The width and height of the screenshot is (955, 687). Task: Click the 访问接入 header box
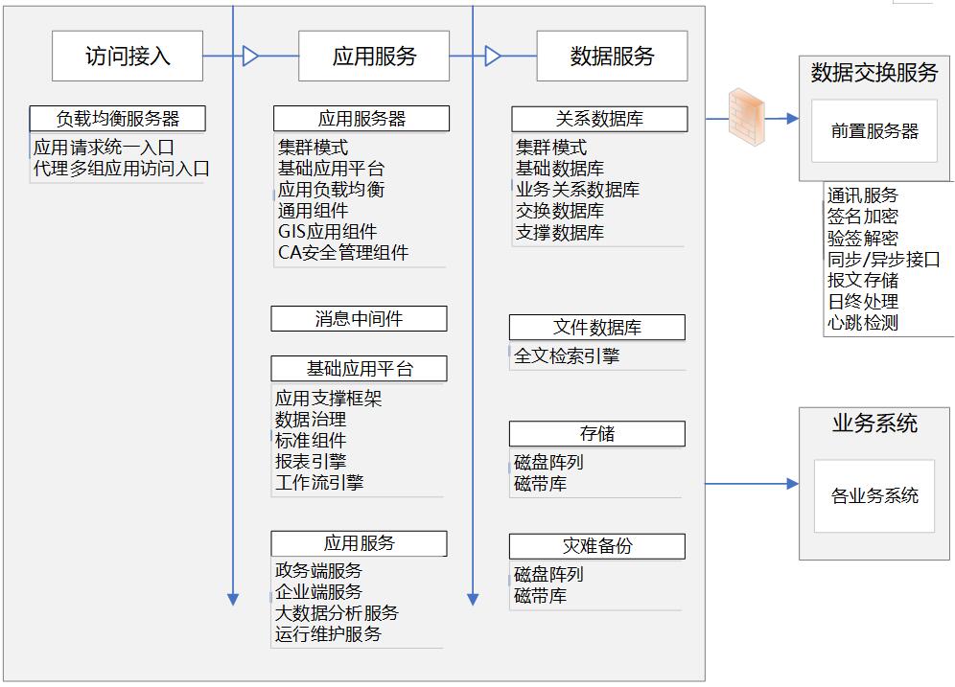pos(128,56)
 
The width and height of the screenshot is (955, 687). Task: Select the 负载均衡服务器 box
pos(118,119)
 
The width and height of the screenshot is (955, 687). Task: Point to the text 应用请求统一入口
pos(104,148)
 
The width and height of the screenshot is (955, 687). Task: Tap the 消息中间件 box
pos(359,319)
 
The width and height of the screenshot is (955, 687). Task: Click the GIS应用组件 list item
pos(327,232)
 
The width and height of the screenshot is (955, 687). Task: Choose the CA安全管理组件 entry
pos(342,253)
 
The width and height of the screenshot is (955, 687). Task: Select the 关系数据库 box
pos(599,119)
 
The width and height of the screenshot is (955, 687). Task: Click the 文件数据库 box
pos(596,328)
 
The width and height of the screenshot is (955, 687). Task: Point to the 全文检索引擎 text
pos(567,356)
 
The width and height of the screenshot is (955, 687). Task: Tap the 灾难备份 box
pos(596,546)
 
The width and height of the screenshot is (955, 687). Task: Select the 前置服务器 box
pos(874,132)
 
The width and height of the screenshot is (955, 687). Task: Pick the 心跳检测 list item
pos(863,323)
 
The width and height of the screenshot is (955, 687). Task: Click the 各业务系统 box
pos(874,496)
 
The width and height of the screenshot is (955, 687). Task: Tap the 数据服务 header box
pos(612,56)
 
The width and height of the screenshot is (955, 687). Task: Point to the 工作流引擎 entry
pos(319,483)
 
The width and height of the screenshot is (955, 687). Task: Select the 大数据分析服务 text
pos(336,613)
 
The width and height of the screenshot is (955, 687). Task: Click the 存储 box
pos(596,434)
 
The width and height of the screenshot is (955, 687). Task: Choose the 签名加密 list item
pos(863,217)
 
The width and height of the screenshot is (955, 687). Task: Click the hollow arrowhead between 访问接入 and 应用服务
pos(251,57)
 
